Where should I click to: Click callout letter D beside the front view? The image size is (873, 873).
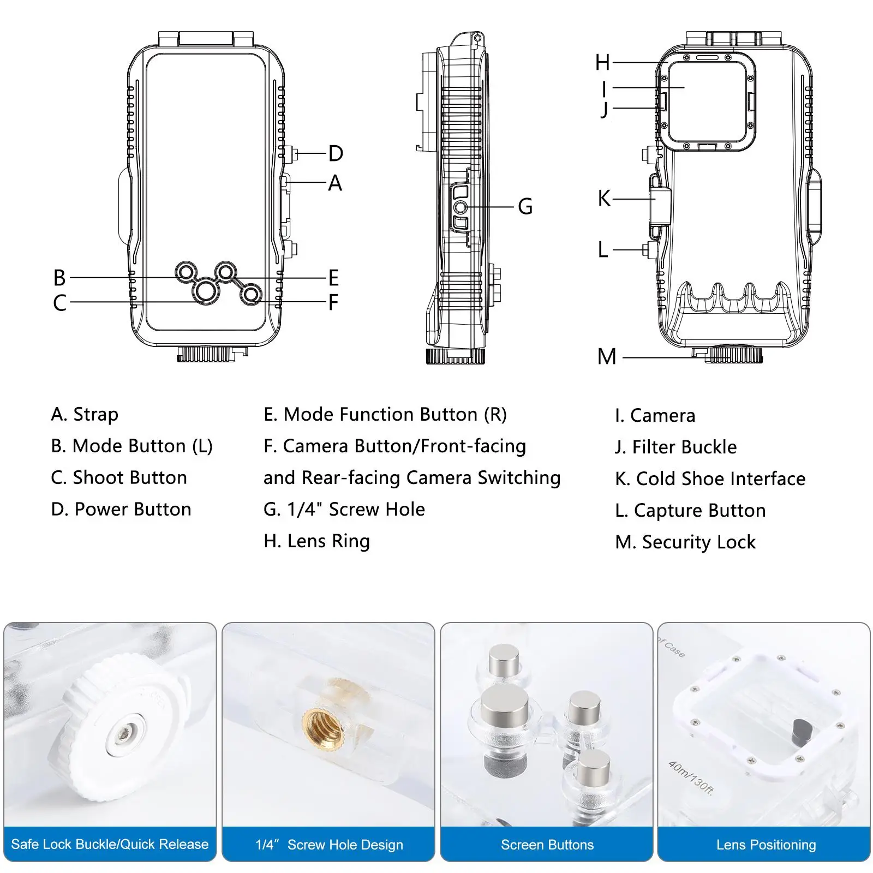click(336, 154)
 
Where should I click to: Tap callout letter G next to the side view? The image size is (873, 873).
click(525, 207)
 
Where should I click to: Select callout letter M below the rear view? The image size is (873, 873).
click(607, 357)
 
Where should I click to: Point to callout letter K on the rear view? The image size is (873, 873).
click(604, 199)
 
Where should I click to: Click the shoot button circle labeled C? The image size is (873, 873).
click(205, 292)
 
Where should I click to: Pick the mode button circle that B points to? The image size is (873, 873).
click(186, 272)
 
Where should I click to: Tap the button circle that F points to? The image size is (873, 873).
click(251, 295)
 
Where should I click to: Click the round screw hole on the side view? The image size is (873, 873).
click(461, 207)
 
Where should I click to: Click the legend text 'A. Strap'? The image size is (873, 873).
click(85, 415)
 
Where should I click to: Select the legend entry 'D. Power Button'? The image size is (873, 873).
click(121, 510)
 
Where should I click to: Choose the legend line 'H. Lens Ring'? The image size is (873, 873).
click(316, 541)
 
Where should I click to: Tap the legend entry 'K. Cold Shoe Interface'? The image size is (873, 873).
click(710, 479)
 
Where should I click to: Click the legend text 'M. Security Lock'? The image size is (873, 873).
click(685, 542)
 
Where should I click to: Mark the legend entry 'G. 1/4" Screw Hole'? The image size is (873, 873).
click(344, 510)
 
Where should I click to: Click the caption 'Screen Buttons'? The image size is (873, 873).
click(547, 845)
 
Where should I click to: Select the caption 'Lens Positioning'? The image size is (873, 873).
click(766, 845)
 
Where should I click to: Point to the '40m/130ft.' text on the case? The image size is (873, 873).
click(691, 779)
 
